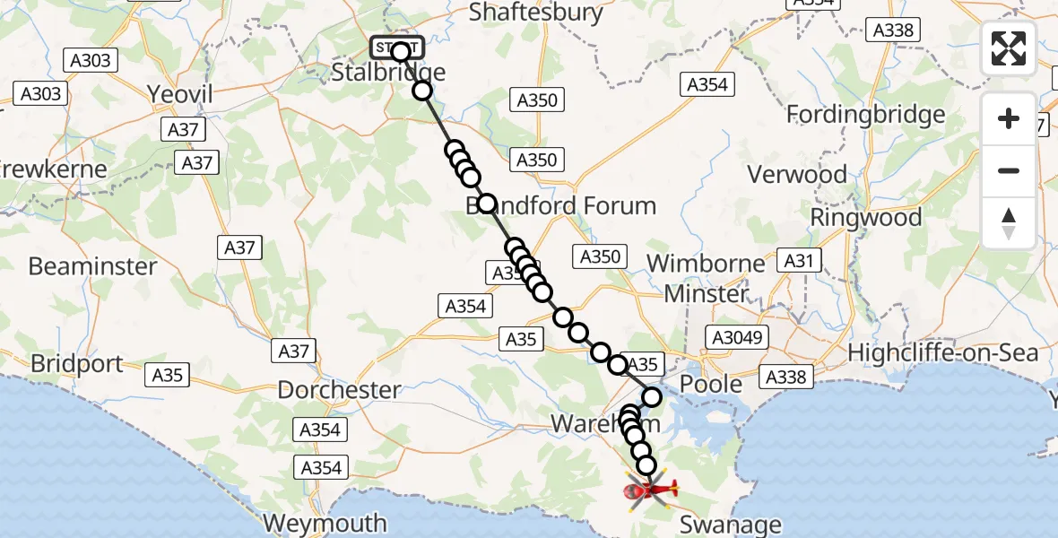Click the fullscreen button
tap(1009, 48)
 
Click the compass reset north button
tap(1009, 222)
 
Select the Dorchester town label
tap(339, 390)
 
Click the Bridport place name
tap(76, 364)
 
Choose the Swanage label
tap(732, 524)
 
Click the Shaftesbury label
tap(536, 13)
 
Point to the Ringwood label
tap(865, 218)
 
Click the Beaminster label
tap(92, 266)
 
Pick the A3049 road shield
tap(738, 337)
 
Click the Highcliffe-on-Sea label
tap(943, 352)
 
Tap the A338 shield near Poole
tap(785, 377)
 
